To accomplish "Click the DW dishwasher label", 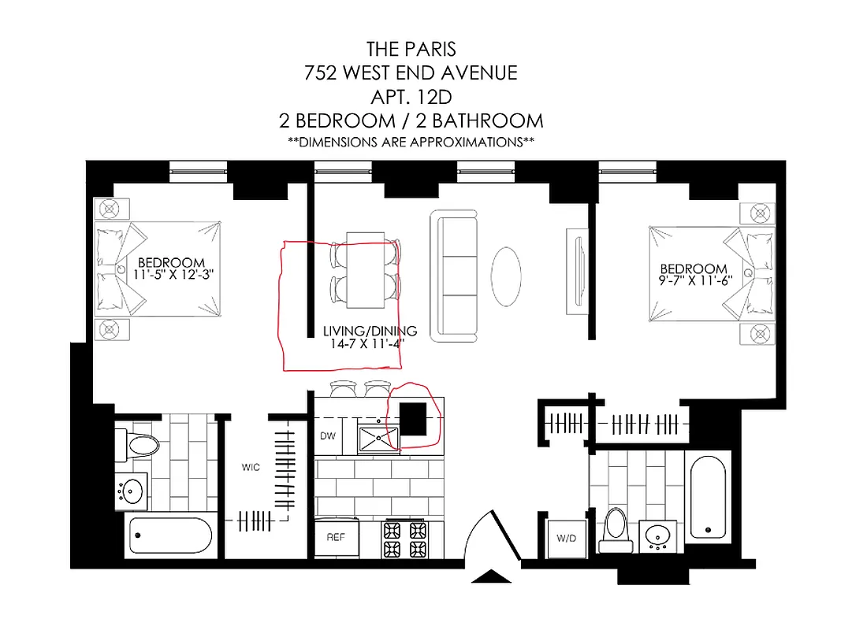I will tap(328, 435).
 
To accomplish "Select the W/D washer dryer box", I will tap(566, 539).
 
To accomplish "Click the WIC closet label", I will tap(250, 467).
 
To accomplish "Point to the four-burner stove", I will tap(402, 539).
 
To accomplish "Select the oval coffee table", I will tap(506, 277).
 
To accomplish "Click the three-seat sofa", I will tap(455, 276).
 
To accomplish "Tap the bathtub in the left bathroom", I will tap(169, 537).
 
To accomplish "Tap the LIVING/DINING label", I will tap(370, 331).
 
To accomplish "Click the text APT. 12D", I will tap(411, 97).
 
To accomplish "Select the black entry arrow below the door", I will tap(490, 579).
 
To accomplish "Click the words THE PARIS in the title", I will tap(411, 49).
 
